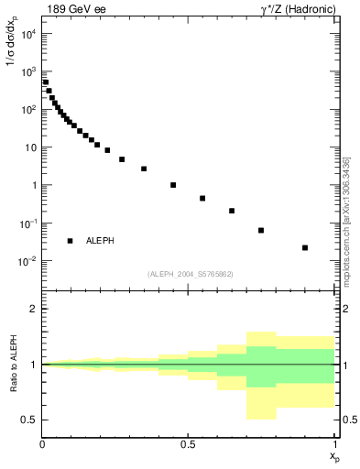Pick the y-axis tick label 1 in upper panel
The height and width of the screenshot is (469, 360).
(x=33, y=186)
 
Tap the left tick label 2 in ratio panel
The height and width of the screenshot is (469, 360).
(x=33, y=309)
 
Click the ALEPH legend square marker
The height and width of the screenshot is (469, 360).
(x=70, y=241)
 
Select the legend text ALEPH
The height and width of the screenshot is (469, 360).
(x=101, y=241)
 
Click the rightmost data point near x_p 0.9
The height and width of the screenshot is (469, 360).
(x=305, y=247)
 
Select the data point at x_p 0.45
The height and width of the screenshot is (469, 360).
(x=173, y=185)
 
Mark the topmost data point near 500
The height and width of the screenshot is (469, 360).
(x=46, y=82)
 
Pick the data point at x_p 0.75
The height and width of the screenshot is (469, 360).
(x=261, y=230)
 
